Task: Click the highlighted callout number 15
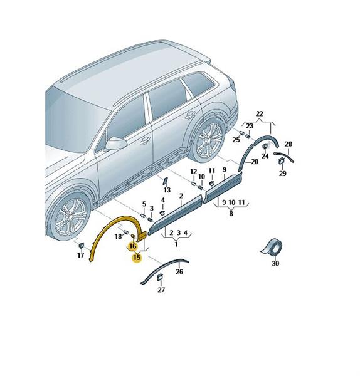click(x=137, y=258)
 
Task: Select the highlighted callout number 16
click(x=132, y=246)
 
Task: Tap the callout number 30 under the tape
click(x=275, y=263)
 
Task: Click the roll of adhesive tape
click(x=272, y=248)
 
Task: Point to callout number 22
click(x=260, y=113)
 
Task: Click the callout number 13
click(x=167, y=190)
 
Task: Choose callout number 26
click(x=179, y=272)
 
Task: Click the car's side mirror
click(x=115, y=144)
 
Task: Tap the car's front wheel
click(x=70, y=217)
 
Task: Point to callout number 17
click(x=81, y=255)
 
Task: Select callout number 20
click(x=255, y=162)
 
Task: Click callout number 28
click(x=289, y=144)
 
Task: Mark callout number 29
click(x=282, y=174)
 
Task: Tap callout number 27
click(x=161, y=290)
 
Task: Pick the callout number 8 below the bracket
click(x=231, y=213)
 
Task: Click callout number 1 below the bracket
click(x=176, y=244)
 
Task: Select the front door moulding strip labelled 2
click(x=175, y=215)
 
